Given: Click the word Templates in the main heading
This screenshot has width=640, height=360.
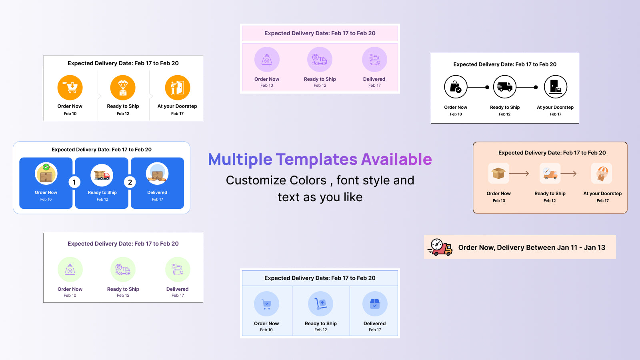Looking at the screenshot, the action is click(316, 159).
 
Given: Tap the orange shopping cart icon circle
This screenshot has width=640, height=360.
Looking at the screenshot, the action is click(70, 88).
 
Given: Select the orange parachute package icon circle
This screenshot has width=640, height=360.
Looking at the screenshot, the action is click(123, 88).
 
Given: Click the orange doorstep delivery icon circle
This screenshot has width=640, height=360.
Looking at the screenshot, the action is click(178, 88).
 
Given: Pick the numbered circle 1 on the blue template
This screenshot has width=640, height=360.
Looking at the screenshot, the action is click(74, 182).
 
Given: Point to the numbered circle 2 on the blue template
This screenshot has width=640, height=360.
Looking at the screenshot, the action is click(130, 182).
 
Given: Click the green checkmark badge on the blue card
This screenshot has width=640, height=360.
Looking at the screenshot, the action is click(46, 167).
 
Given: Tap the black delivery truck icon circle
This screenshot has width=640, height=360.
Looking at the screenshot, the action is click(504, 87).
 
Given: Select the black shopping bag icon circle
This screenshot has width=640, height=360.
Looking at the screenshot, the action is click(456, 87).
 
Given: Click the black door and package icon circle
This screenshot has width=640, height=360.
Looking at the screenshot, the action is click(556, 87).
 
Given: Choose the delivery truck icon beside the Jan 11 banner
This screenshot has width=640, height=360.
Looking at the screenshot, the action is click(440, 247).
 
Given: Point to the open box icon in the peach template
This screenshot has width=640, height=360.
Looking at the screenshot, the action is click(498, 173).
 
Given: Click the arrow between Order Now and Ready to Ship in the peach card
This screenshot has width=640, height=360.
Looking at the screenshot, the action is click(519, 174).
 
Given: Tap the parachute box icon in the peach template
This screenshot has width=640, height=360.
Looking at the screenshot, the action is click(602, 173).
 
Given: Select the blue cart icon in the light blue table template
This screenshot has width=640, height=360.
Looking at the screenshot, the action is click(266, 304).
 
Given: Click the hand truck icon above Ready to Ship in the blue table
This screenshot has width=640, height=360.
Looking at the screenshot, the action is click(320, 304).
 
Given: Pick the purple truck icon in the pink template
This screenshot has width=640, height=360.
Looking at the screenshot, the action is click(320, 60).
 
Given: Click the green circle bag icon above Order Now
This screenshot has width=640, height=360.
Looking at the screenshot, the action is click(70, 270).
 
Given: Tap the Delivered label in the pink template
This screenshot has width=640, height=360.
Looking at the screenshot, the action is click(374, 79).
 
